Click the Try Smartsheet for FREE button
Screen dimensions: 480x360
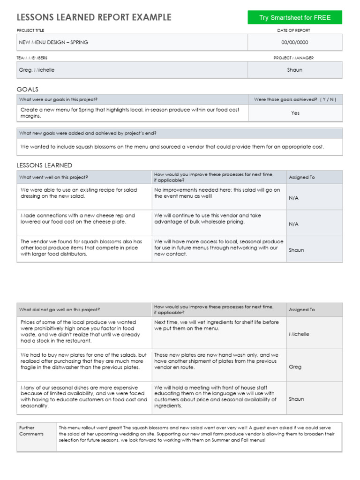[295, 18]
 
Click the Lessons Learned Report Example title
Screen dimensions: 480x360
[94, 17]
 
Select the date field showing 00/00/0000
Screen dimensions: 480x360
[295, 42]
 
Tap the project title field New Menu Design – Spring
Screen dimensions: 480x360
[53, 42]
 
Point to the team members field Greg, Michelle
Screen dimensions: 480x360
[37, 70]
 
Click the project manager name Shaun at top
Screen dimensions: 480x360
[295, 70]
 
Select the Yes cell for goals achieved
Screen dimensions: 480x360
[295, 113]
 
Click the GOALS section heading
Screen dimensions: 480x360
[28, 89]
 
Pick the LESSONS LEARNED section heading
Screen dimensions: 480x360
[45, 165]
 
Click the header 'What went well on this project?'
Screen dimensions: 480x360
[53, 177]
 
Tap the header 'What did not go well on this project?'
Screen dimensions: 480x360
[59, 310]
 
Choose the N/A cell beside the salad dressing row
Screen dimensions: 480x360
[293, 198]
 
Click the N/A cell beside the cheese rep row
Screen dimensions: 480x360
[293, 224]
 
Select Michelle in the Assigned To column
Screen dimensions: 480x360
[299, 334]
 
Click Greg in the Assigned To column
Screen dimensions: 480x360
[295, 367]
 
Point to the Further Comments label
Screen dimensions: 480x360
[31, 431]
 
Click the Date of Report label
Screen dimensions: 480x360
[293, 30]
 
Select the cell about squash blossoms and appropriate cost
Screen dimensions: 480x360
[172, 147]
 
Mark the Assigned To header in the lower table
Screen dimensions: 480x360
[302, 310]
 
